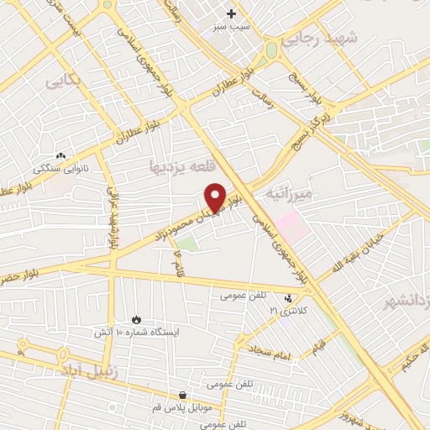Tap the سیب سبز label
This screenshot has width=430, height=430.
pos(232,27)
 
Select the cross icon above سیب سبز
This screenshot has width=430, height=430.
pos(232,13)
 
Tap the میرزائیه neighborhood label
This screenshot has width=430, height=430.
pos(289,194)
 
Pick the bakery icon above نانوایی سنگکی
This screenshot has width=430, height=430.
pos(60,156)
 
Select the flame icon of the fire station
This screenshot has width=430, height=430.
pos(136,319)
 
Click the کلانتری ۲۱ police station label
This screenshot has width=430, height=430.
pos(289,311)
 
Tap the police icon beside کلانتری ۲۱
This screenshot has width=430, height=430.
pos(289,297)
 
